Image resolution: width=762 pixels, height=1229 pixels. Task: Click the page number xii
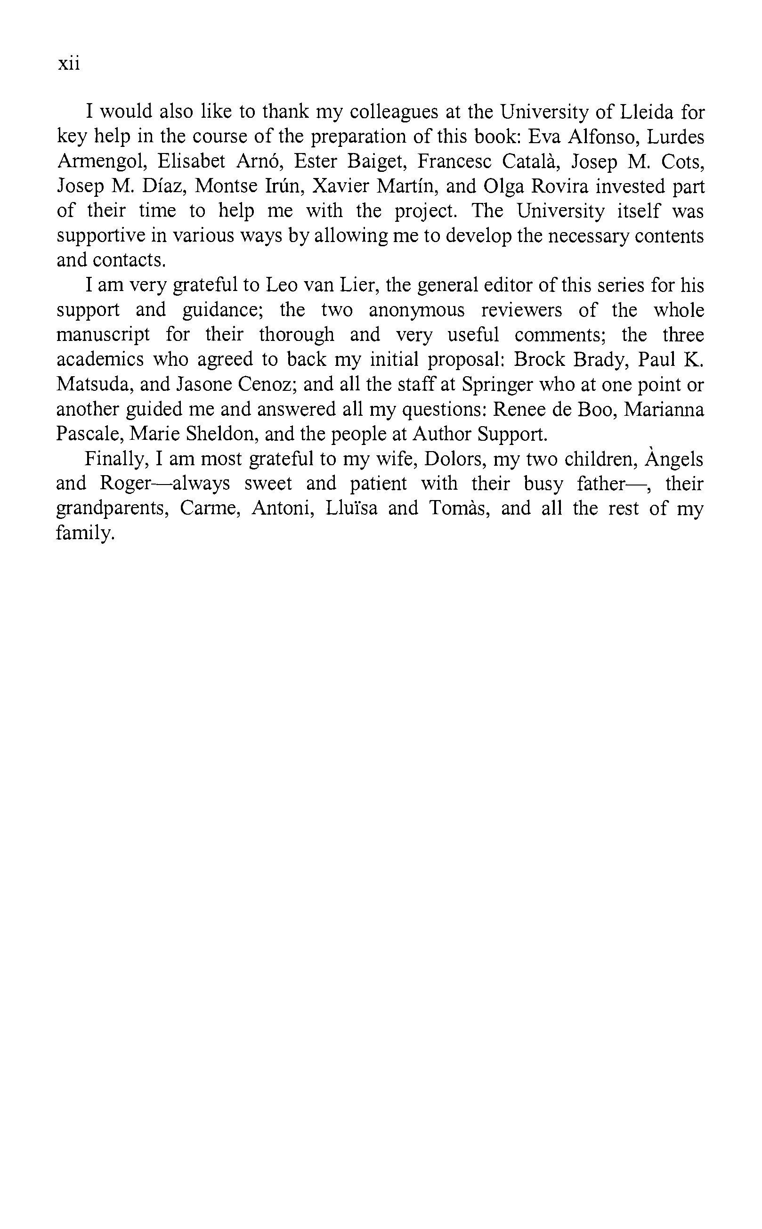click(69, 64)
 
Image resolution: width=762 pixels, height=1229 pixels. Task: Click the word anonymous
click(416, 310)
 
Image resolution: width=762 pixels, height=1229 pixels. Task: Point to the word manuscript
click(103, 335)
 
